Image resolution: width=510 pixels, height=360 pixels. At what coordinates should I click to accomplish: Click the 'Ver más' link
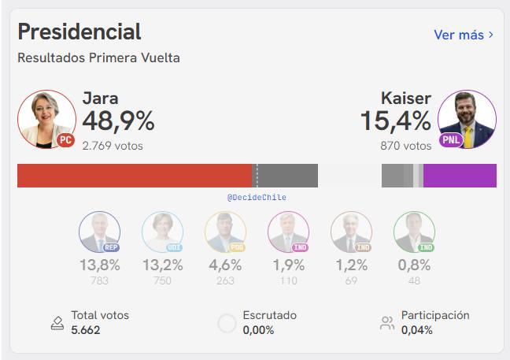pos(464,35)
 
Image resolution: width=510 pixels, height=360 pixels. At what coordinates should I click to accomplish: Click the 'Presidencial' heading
pos(79,32)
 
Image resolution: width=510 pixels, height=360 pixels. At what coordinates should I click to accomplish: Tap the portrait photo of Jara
pos(46,119)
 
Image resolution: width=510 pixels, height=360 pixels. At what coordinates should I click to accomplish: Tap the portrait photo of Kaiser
pos(467,119)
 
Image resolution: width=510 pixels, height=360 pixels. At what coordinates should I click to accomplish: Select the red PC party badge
pos(66,140)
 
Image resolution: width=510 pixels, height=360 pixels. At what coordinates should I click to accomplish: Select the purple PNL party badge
pos(450,140)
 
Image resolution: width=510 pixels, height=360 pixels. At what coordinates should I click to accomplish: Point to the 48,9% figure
pos(118,121)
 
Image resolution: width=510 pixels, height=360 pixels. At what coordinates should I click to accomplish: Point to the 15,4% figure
pos(396,121)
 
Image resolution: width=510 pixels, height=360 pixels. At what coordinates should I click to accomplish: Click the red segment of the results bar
pos(134,176)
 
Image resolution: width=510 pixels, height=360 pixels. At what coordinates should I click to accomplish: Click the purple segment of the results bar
pos(460,176)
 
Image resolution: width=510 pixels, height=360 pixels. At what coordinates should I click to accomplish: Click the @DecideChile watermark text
pos(257,198)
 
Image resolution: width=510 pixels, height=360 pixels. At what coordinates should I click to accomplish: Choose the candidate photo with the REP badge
pos(99,232)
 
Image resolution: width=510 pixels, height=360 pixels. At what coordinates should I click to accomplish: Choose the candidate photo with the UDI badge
pos(162,232)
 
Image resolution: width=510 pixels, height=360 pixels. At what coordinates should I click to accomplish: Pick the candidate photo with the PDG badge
pos(225,232)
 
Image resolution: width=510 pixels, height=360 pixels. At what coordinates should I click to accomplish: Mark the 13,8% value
pos(99,265)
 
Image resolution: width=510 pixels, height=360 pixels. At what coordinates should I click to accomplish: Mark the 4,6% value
pos(225,265)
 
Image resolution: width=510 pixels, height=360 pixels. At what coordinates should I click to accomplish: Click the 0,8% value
pos(414,265)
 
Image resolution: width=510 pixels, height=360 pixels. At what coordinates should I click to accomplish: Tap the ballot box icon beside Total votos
pos(57,322)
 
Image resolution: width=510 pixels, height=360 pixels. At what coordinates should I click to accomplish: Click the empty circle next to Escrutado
pos(227,323)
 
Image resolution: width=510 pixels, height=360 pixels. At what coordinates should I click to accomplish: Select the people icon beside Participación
pos(387,322)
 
